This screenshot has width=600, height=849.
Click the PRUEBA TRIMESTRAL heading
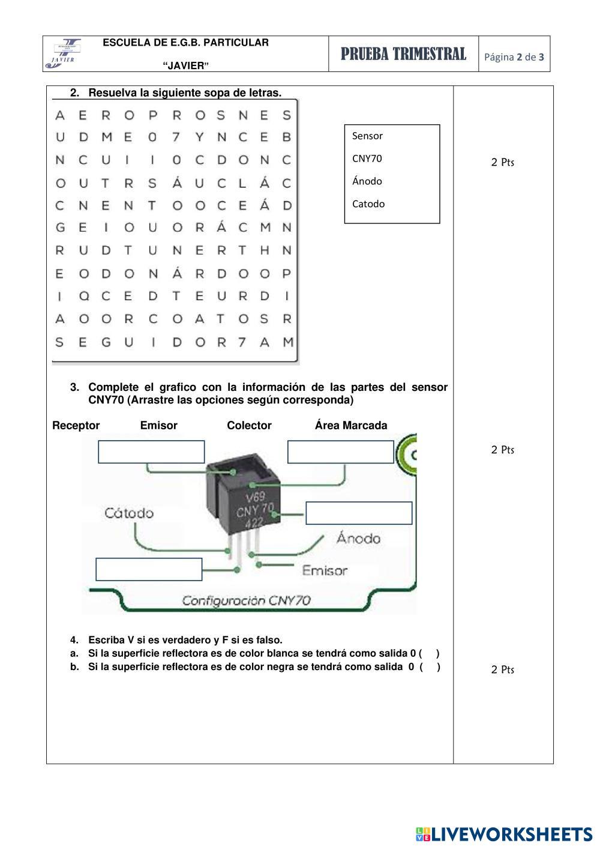403,55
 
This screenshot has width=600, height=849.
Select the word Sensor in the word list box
367,136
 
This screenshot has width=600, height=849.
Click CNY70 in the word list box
367,159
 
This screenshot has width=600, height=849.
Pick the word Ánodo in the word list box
367,181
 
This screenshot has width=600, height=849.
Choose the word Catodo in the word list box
368,204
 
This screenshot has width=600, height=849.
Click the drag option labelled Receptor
76,426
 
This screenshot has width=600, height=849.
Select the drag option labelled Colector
249,426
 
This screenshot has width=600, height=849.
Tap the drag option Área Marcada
351,426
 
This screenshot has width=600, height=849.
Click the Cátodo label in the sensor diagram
129,513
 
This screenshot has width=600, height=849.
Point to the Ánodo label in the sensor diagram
358,539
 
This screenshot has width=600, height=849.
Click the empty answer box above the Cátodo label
151,452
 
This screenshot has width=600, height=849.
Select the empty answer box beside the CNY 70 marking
359,513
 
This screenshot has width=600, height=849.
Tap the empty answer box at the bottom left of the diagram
149,569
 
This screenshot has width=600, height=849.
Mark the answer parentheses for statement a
429,653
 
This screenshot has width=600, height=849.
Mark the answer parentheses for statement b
430,666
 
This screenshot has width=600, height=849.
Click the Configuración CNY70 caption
246,600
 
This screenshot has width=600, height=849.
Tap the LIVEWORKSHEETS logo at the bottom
504,834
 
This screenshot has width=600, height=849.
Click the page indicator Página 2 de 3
514,58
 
